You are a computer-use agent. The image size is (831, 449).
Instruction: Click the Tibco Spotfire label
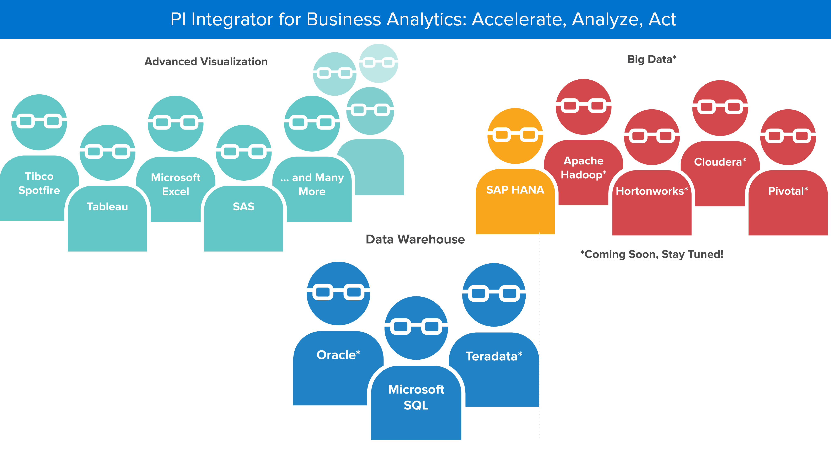point(39,183)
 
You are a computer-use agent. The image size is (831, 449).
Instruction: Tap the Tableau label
point(107,207)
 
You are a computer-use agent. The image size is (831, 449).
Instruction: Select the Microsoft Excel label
point(176,184)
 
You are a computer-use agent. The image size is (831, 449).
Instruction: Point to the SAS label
point(243,207)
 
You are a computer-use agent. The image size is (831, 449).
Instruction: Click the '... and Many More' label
point(312,184)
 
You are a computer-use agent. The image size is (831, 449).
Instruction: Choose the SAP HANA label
point(515,190)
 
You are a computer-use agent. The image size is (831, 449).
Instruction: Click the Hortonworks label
point(652,191)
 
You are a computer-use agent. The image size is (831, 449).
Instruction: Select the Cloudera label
point(720,162)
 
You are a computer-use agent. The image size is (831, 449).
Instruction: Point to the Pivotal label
point(788,191)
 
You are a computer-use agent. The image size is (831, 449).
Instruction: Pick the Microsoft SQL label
point(416,397)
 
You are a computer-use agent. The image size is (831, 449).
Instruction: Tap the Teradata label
point(494,356)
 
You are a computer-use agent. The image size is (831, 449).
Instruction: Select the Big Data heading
point(652,59)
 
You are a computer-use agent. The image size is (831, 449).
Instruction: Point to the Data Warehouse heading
point(415,239)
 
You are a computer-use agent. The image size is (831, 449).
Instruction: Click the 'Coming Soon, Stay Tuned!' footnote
point(652,254)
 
